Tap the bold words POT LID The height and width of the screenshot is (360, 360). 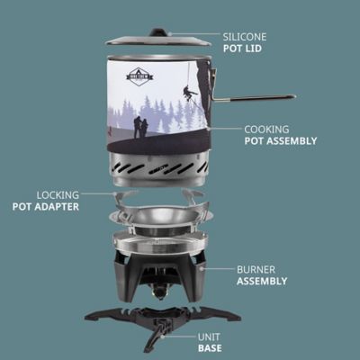click(242, 49)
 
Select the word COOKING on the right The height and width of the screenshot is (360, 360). click(265, 129)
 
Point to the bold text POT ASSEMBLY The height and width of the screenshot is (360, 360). click(280, 141)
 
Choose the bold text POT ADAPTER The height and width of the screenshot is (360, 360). click(46, 206)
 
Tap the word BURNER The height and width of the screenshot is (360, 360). click(256, 268)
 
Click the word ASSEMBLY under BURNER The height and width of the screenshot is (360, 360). click(262, 281)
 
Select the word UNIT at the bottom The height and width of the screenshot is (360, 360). click(210, 335)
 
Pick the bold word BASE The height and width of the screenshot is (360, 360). click(210, 347)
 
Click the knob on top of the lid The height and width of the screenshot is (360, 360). click(158, 32)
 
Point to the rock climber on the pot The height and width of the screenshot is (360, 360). click(190, 92)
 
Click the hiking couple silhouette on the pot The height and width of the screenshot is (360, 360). click(140, 127)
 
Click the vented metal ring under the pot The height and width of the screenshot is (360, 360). click(158, 167)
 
